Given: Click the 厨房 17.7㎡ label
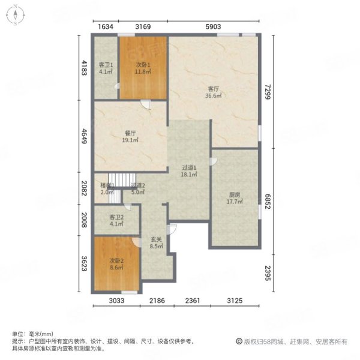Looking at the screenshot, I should point(235,197).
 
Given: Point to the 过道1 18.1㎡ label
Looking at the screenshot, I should point(190,171).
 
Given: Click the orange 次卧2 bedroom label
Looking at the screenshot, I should point(116,265).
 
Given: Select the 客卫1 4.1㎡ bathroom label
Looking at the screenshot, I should point(106,68).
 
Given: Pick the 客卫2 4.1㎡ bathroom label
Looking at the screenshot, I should point(116,220).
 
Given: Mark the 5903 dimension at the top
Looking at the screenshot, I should point(214,26).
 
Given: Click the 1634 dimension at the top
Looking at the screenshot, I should point(105,26).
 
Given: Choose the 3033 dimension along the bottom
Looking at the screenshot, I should point(116,301).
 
